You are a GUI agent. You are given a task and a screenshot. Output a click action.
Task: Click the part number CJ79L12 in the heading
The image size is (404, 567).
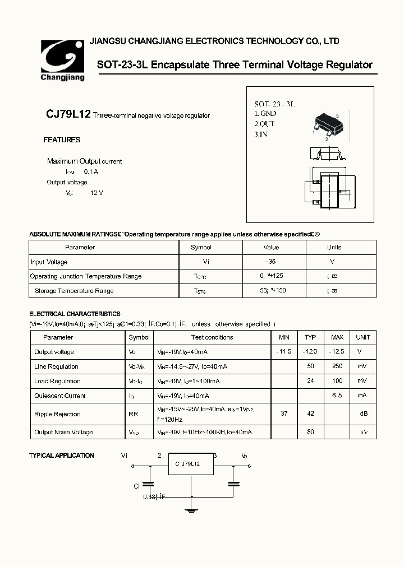[68, 114]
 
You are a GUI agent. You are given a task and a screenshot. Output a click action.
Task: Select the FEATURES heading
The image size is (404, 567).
[62, 140]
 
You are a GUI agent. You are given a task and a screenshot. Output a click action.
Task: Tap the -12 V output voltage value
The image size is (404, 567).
[95, 193]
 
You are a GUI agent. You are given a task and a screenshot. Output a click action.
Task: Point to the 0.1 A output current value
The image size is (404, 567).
[91, 172]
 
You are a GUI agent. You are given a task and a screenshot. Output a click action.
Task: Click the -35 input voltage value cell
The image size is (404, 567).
[270, 262]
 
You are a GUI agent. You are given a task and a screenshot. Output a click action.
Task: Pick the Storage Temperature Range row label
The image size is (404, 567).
[74, 291]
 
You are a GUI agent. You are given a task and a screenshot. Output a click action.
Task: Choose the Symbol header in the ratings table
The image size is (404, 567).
[201, 247]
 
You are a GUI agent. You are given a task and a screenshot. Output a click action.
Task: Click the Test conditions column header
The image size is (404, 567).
[212, 337]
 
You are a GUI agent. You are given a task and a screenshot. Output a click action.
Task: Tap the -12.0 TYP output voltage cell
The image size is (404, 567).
[310, 352]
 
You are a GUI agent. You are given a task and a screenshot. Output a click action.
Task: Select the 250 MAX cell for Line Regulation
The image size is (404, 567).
[337, 366]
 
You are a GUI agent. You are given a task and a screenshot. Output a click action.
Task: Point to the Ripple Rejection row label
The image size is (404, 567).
[57, 414]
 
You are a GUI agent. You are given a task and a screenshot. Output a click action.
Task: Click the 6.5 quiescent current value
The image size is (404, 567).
[337, 396]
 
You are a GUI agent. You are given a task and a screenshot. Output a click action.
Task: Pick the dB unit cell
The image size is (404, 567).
[363, 414]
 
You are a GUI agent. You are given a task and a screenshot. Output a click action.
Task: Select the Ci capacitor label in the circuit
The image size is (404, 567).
[136, 486]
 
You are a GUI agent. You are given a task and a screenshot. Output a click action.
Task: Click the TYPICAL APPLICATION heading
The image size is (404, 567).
[62, 456]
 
